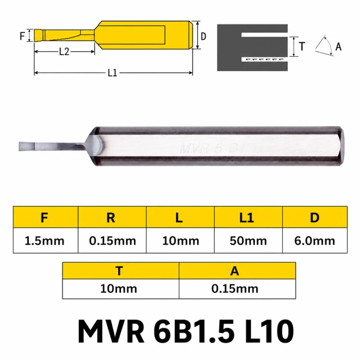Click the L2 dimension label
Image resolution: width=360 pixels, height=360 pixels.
[x=64, y=52]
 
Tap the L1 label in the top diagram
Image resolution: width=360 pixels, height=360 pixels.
[x=112, y=73]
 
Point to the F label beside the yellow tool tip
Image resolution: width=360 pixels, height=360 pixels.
[x=22, y=36]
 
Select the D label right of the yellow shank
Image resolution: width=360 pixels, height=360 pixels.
[x=204, y=36]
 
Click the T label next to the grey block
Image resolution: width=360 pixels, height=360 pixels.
[x=302, y=47]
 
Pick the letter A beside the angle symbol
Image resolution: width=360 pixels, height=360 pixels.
[x=338, y=47]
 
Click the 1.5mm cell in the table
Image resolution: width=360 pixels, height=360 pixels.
[x=45, y=241]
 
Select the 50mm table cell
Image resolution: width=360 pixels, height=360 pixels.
[x=248, y=241]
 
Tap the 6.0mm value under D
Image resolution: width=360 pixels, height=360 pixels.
[x=314, y=241]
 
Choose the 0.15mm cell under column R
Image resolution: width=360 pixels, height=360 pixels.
[x=112, y=241]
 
